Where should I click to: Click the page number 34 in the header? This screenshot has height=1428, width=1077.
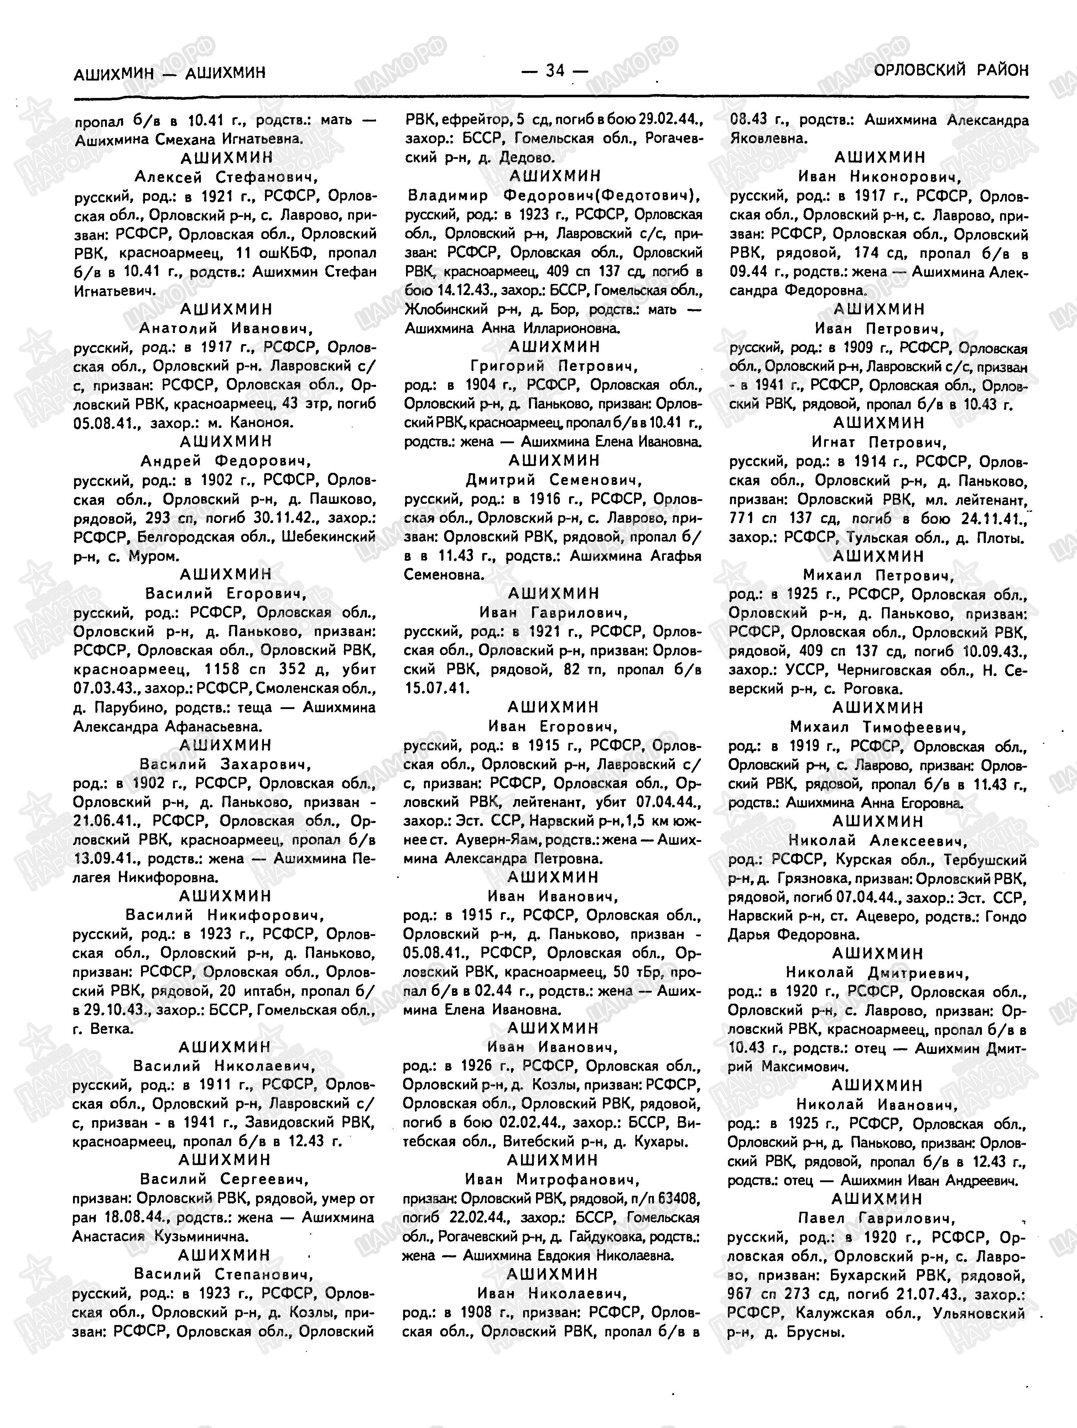point(555,71)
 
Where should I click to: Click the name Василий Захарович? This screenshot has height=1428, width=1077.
point(225,764)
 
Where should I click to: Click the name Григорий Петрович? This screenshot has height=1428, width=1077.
point(554,366)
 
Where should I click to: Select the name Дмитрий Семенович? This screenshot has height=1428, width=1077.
point(554,480)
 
